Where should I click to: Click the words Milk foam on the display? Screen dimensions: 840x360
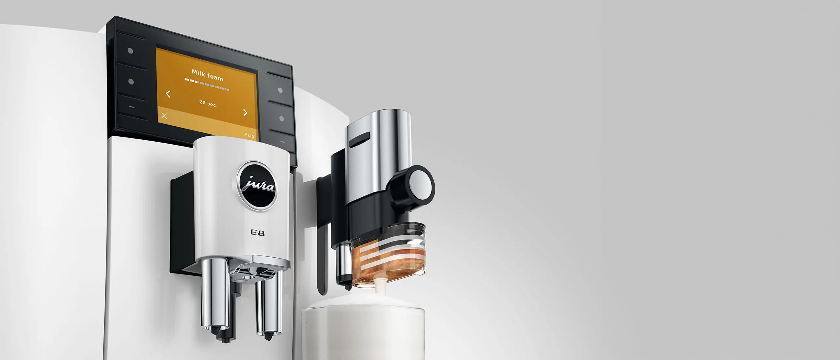coord(207,75)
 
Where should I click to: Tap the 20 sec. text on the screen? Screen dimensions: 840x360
coord(208,103)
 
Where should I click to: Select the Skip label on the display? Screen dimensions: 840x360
coord(249,135)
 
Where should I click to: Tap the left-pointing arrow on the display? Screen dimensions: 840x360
coord(168,94)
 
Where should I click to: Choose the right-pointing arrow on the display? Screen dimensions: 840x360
coord(245,112)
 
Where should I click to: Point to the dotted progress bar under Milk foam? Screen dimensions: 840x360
coord(206,84)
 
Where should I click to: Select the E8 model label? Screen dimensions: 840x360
coord(257,233)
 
